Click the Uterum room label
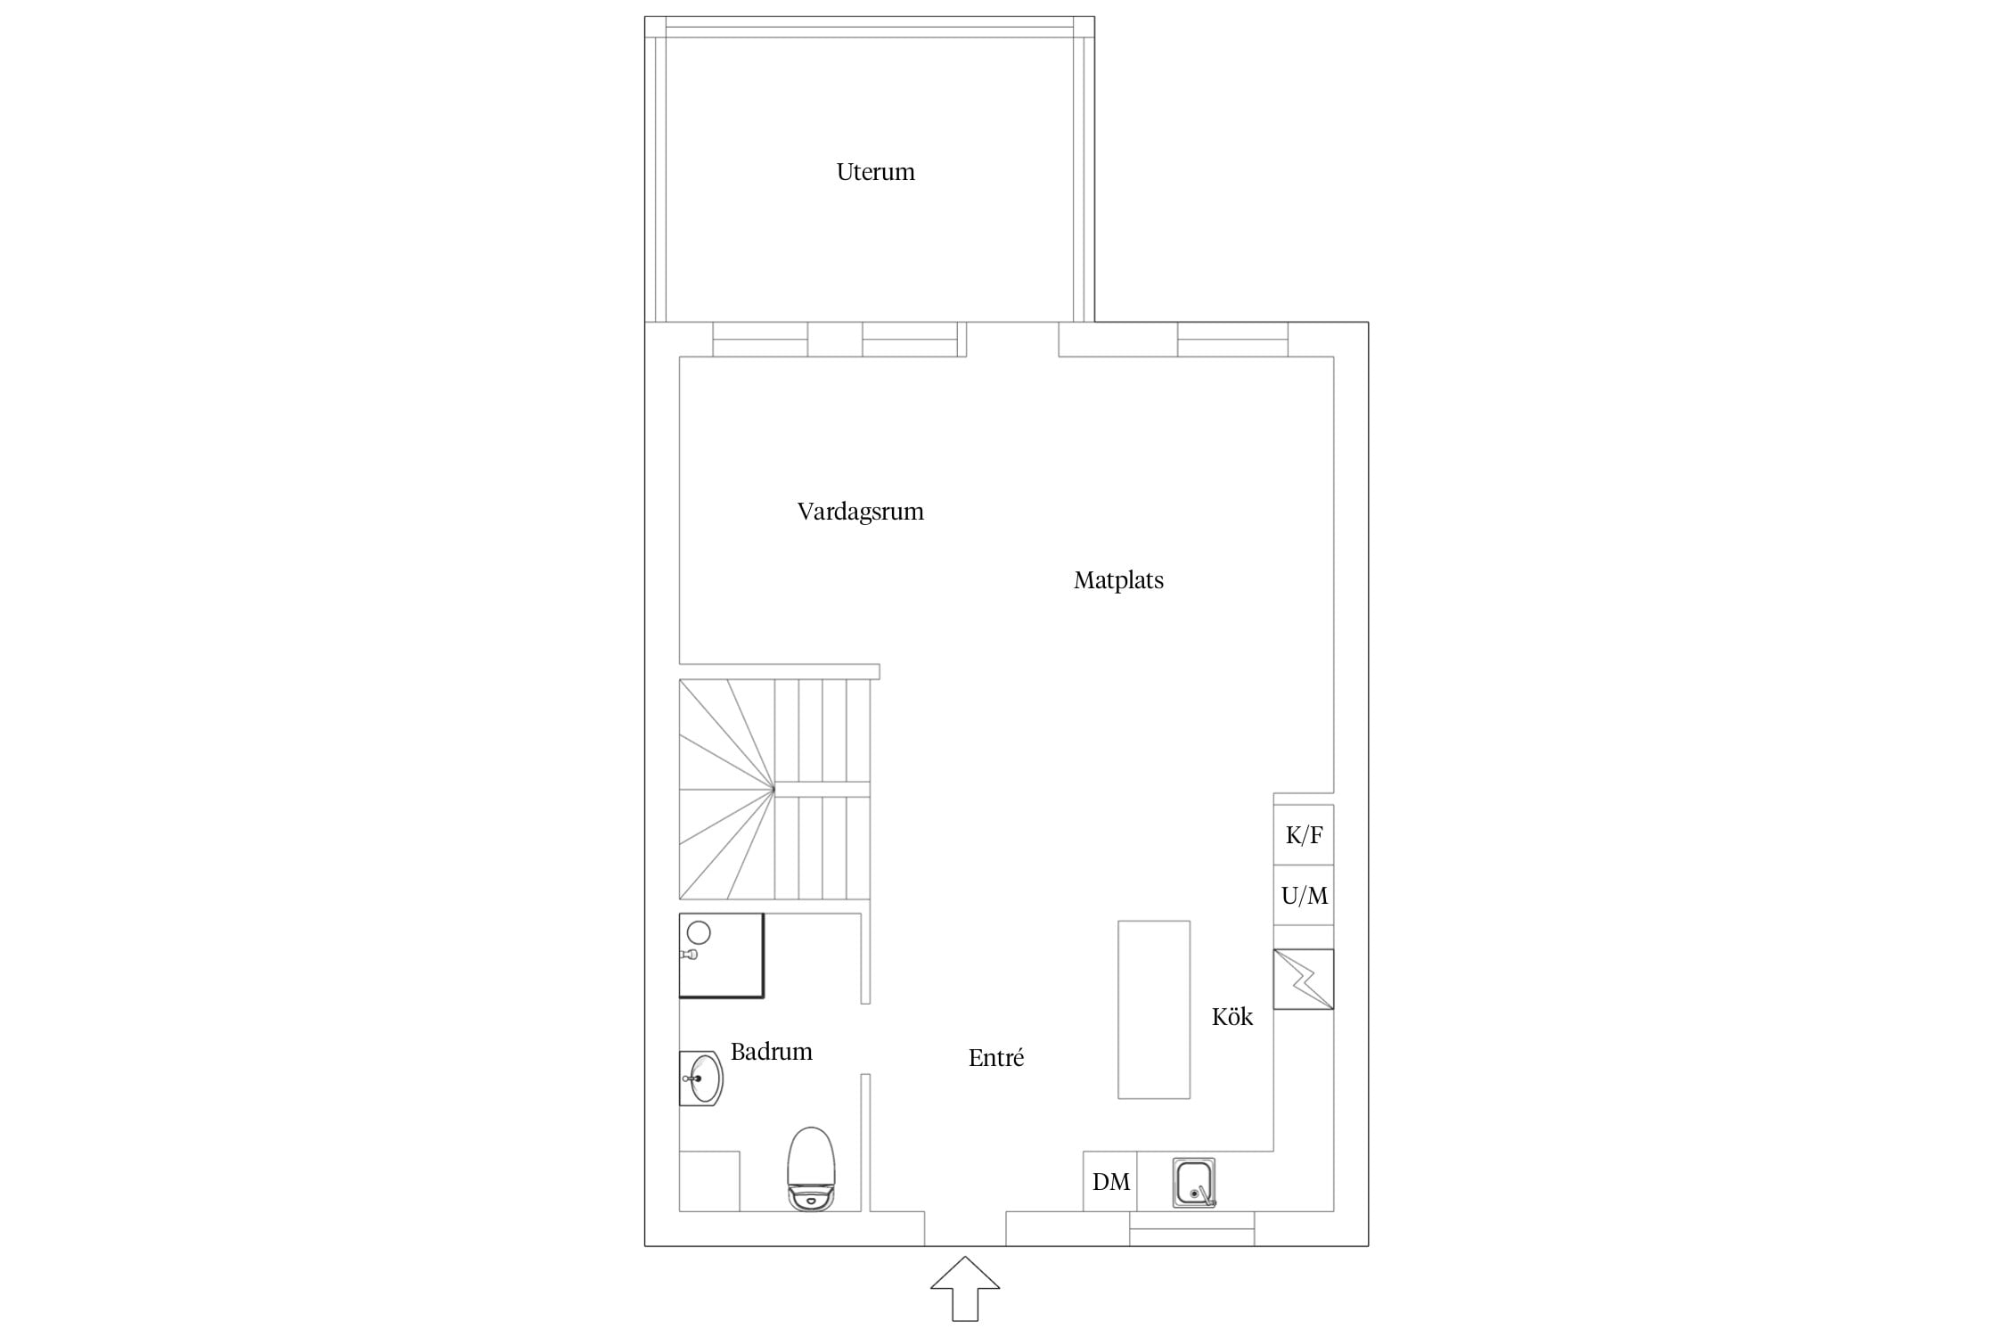click(x=875, y=172)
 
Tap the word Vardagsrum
click(x=860, y=512)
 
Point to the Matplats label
click(x=1118, y=580)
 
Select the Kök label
click(x=1232, y=1017)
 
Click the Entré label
click(x=995, y=1058)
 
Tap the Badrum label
click(x=771, y=1052)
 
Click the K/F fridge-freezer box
click(x=1304, y=835)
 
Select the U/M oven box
click(x=1304, y=896)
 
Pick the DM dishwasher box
click(x=1110, y=1182)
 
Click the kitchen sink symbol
click(x=1194, y=1183)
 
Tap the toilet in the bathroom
click(x=811, y=1169)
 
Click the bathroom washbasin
click(x=701, y=1079)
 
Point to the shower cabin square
click(x=722, y=955)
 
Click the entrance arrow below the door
click(x=965, y=1288)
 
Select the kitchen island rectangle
click(x=1154, y=1010)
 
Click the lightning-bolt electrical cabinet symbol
click(x=1304, y=980)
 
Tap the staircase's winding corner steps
click(x=727, y=790)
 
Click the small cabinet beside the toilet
click(x=709, y=1181)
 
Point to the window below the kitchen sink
click(x=1192, y=1228)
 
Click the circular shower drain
click(x=700, y=933)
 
